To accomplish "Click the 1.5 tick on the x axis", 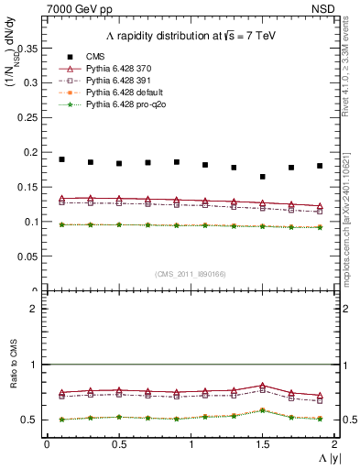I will coord(262,444).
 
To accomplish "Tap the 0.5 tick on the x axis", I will coord(118,444).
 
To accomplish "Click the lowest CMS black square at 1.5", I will coord(263,177).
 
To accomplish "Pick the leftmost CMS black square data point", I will coord(61,159).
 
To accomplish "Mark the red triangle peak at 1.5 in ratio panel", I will coord(263,386).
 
